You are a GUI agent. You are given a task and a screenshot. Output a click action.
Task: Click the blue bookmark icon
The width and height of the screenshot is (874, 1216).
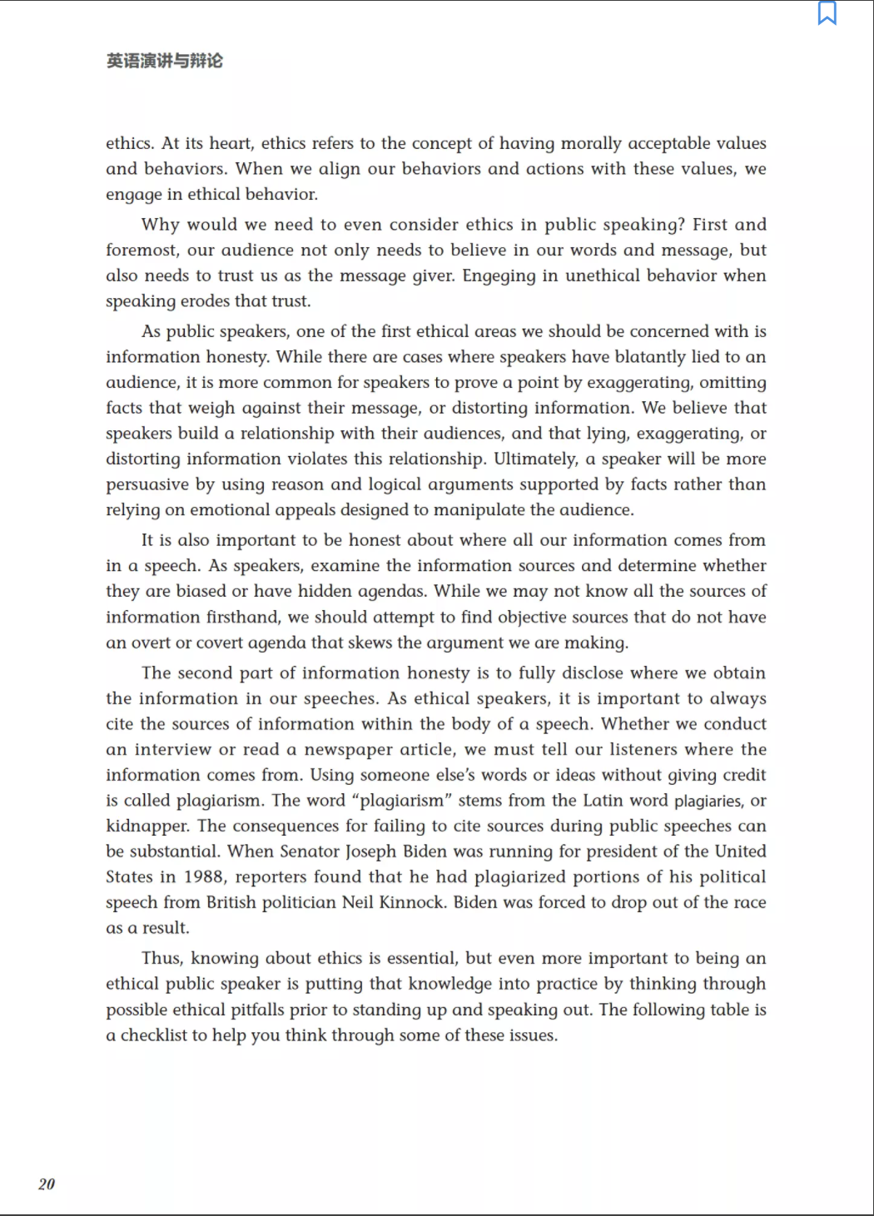tap(827, 13)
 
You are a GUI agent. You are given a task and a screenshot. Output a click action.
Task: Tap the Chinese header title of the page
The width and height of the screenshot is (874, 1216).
tap(165, 61)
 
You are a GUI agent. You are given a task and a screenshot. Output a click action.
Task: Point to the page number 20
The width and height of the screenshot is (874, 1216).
tap(47, 1184)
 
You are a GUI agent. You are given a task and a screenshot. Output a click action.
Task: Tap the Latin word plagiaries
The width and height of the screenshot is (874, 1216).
tap(708, 801)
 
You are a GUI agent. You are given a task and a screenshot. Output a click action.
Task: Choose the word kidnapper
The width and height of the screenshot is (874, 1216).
tap(147, 826)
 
